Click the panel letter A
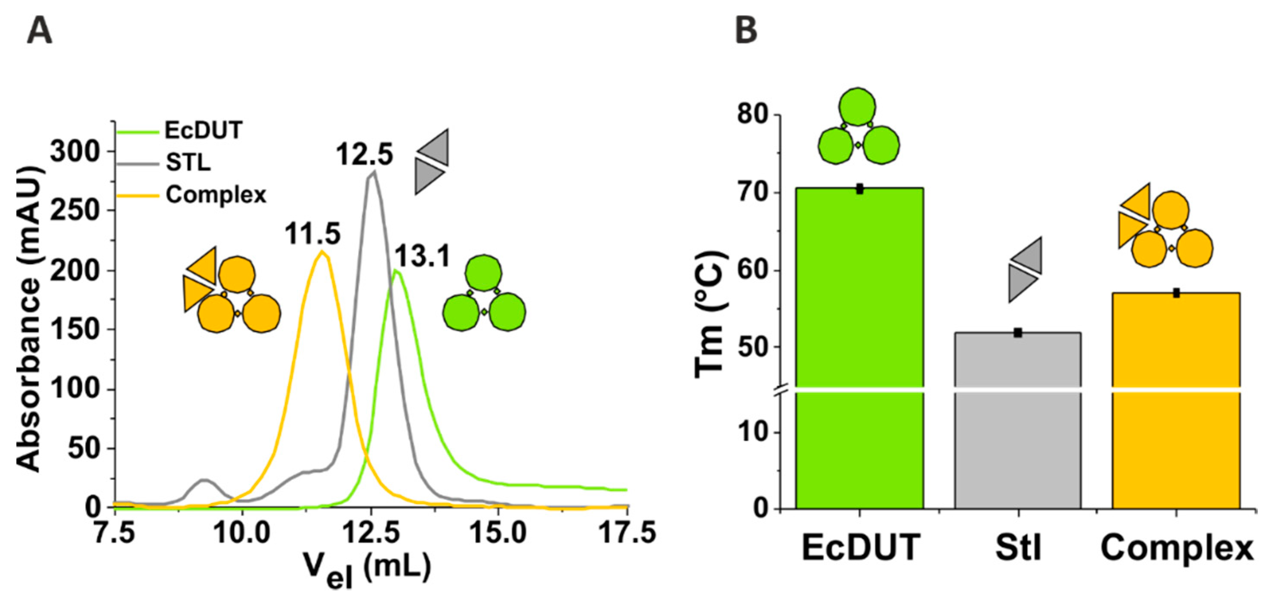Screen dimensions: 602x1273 click(x=40, y=31)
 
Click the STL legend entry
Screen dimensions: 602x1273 click(x=188, y=163)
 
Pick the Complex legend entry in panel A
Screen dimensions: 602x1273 click(x=216, y=195)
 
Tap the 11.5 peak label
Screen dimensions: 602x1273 click(x=312, y=233)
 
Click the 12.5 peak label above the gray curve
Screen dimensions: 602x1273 click(x=365, y=154)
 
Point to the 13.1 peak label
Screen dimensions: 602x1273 click(x=423, y=257)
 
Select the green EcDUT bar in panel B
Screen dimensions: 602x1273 click(x=859, y=346)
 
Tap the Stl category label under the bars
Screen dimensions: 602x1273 click(x=1018, y=548)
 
